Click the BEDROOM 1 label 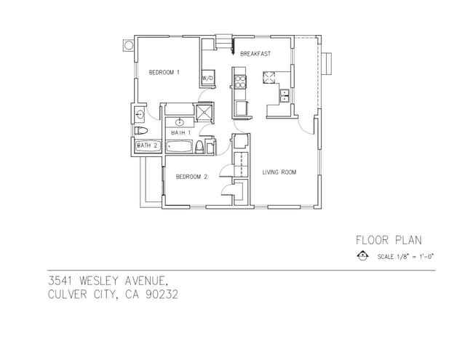coord(164,72)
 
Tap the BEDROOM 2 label coord(192,177)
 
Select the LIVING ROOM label coord(279,172)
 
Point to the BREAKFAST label coord(255,54)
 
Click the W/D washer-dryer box coord(207,77)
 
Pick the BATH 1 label coord(180,133)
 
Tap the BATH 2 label coord(147,145)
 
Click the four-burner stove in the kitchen coord(239,79)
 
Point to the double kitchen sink coord(285,97)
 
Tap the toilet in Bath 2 coord(141,131)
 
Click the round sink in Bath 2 coord(140,114)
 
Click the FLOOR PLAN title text coord(389,240)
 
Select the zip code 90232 coord(161,295)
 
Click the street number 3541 coord(63,281)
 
